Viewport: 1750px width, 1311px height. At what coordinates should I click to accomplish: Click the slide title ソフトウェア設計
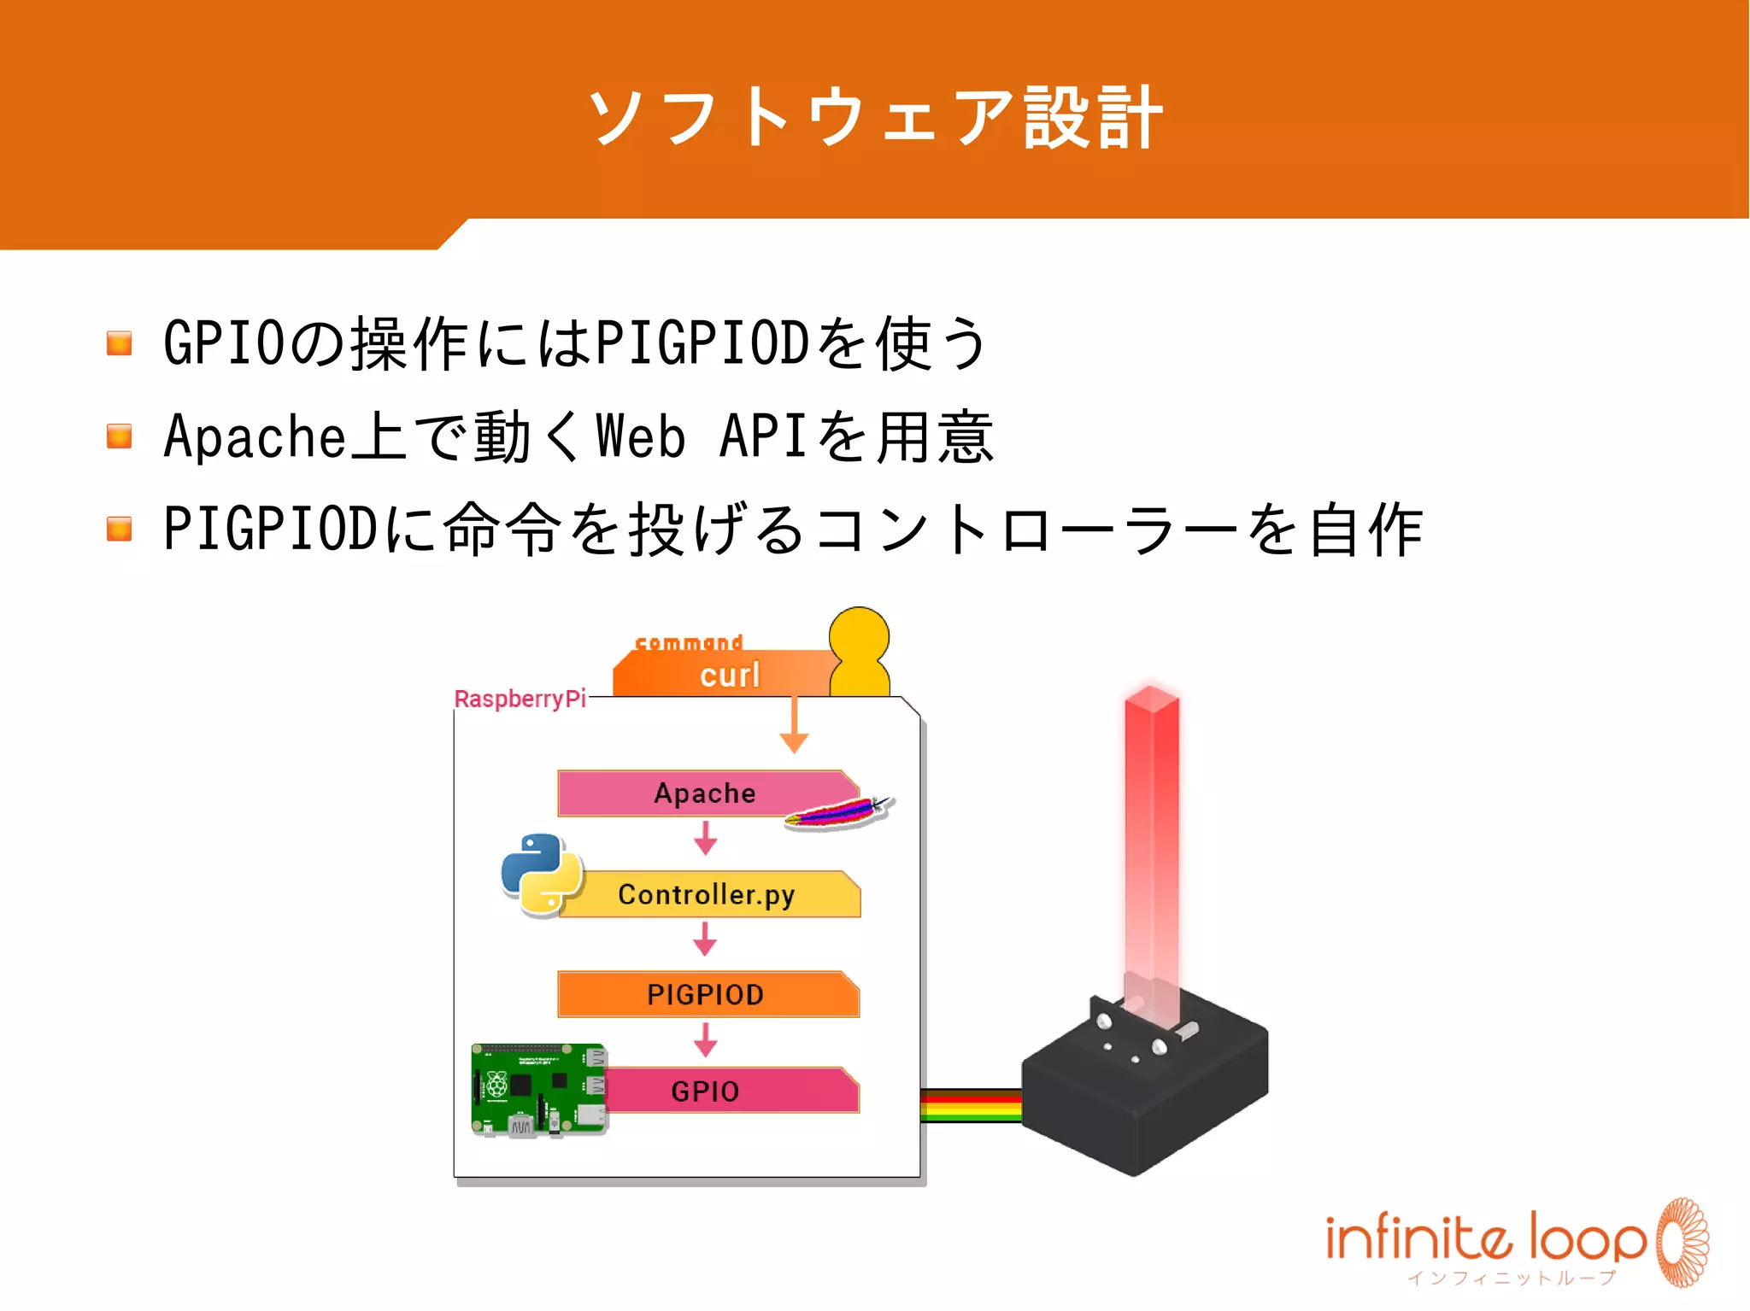pyautogui.click(x=875, y=118)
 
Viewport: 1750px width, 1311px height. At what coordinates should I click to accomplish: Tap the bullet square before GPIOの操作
pyautogui.click(x=120, y=343)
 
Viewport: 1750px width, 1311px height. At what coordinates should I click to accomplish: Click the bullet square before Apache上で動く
pyautogui.click(x=120, y=436)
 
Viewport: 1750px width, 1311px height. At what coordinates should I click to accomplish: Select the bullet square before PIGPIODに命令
pyautogui.click(x=120, y=529)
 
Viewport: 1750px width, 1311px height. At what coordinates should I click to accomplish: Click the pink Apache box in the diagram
pyautogui.click(x=684, y=793)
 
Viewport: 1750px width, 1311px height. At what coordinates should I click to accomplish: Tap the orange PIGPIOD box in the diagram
pyautogui.click(x=706, y=994)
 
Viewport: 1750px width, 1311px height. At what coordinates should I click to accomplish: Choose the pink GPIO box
pyautogui.click(x=726, y=1091)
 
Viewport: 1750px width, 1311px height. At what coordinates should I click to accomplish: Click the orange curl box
pyautogui.click(x=726, y=675)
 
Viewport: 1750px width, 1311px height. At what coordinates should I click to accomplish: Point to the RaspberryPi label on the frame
pyautogui.click(x=520, y=699)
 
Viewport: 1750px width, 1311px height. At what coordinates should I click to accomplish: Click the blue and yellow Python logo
pyautogui.click(x=542, y=874)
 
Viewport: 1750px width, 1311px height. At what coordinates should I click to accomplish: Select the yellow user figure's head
pyautogui.click(x=859, y=636)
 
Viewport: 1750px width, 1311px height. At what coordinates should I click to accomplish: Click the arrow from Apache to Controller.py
pyautogui.click(x=705, y=839)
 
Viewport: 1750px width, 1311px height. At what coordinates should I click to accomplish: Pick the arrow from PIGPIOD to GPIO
pyautogui.click(x=705, y=1039)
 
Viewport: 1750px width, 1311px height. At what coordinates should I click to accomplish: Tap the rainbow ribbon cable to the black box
pyautogui.click(x=971, y=1104)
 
